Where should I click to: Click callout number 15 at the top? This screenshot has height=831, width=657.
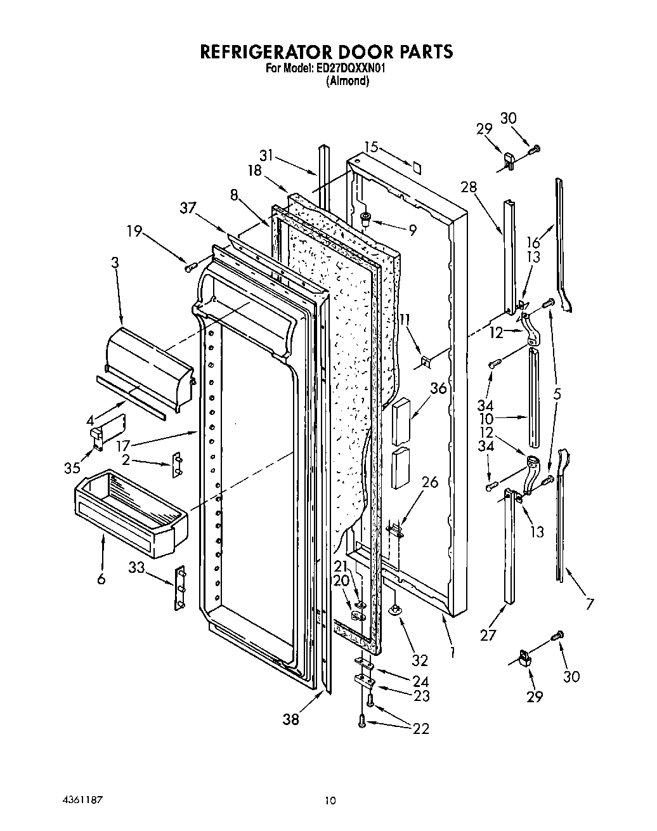371,148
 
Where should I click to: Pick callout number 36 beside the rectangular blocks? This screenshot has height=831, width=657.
438,389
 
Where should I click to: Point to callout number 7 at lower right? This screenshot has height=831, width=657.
589,603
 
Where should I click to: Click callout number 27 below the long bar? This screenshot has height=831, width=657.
488,635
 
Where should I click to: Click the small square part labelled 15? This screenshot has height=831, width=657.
416,167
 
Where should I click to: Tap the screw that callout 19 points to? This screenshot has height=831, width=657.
189,268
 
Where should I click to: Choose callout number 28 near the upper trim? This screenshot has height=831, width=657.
469,188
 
